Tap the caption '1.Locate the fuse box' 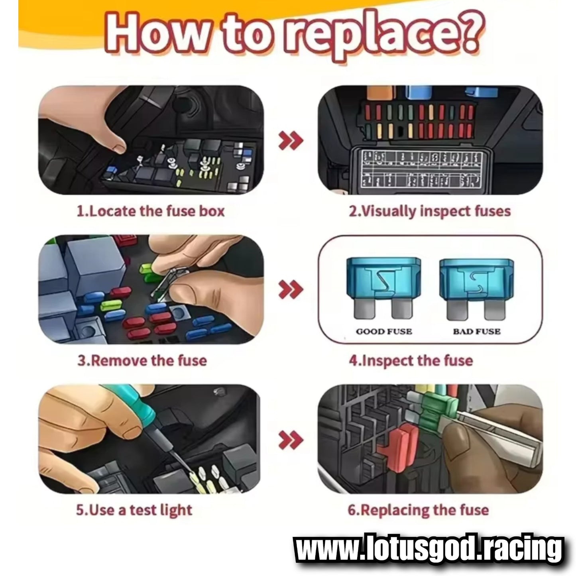151,211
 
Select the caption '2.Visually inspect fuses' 430,211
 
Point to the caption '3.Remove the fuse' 142,360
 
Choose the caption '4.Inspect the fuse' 411,360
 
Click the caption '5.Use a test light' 134,510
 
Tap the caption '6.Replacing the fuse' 418,510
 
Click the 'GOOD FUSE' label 384,332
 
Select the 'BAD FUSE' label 477,332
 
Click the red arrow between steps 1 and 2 290,140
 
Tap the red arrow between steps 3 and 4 290,289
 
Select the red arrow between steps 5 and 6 290,439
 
